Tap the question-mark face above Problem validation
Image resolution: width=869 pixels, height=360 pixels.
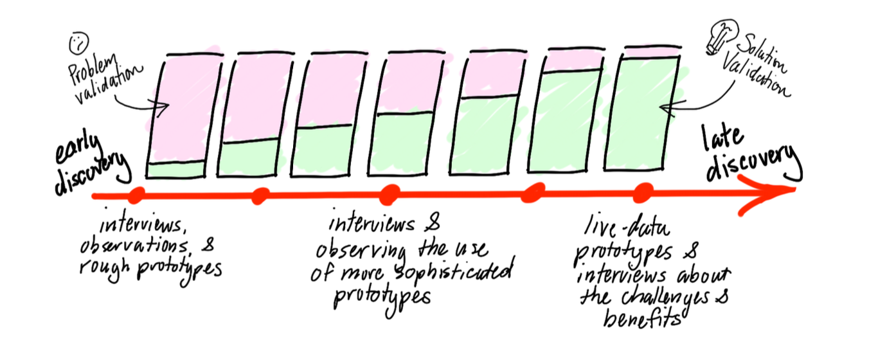coord(79,44)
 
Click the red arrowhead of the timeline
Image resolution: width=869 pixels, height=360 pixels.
coord(766,194)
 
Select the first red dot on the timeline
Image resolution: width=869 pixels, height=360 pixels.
coord(136,195)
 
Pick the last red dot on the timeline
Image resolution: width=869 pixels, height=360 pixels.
coord(643,193)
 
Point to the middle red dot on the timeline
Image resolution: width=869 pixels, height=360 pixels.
coord(390,194)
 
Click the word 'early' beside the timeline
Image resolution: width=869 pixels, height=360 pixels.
coord(78,149)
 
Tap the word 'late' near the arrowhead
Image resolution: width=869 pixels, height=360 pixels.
coord(722,138)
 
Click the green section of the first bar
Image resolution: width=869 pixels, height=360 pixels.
coord(177,170)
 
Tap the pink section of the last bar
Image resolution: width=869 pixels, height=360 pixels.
coord(652,52)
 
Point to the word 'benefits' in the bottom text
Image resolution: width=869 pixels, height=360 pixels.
coord(642,319)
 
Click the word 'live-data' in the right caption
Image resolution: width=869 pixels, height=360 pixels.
coord(627,228)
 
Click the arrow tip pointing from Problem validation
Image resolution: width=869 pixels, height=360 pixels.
coord(168,105)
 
